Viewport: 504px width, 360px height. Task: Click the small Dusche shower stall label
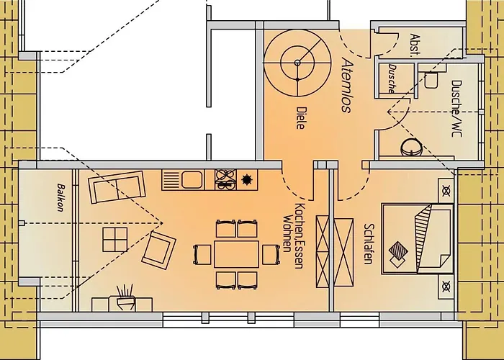pos(391,78)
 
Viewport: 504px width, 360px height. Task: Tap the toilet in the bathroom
pos(432,80)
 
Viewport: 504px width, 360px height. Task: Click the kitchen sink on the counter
pos(192,179)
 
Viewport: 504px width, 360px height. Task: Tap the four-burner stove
pos(225,179)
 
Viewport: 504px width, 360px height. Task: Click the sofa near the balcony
pos(114,188)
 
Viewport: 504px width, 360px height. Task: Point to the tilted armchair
pos(159,248)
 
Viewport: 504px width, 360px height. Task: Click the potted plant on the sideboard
pos(127,294)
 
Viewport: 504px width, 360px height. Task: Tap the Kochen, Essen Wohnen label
pos(292,228)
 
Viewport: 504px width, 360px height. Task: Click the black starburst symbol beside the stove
pos(248,179)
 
